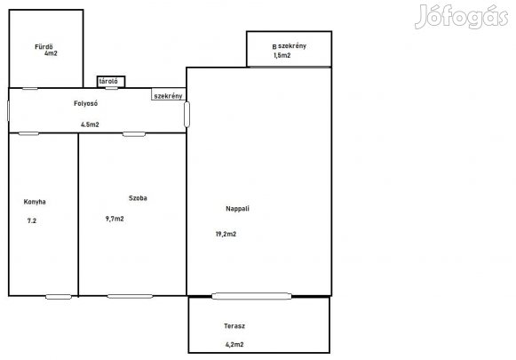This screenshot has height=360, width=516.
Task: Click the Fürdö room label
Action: [x=44, y=47]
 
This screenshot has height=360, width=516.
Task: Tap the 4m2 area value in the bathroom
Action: [x=51, y=53]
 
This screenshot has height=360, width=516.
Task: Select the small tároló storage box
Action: [x=111, y=82]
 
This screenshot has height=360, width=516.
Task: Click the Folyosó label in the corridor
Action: [x=85, y=103]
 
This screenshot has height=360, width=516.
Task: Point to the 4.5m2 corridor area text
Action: [x=90, y=124]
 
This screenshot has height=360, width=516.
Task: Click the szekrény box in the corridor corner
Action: [x=169, y=94]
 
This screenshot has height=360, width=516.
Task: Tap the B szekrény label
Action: [x=290, y=46]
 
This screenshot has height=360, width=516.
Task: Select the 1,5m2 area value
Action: [x=282, y=55]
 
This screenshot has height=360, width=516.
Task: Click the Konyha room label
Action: [x=35, y=202]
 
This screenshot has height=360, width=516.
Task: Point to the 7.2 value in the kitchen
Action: [x=32, y=221]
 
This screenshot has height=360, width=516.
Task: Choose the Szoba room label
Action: [x=138, y=198]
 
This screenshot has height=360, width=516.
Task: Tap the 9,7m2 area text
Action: [x=115, y=219]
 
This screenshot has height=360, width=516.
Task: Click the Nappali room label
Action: [x=238, y=209]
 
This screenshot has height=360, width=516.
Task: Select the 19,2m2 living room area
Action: [x=226, y=234]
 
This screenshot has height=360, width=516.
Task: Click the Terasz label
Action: [x=234, y=326]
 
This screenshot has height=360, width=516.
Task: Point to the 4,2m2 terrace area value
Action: [x=234, y=345]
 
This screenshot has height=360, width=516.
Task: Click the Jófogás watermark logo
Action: [x=461, y=17]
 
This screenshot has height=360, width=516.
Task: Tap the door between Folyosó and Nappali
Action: [x=187, y=115]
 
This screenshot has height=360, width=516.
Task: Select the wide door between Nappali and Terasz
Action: [x=251, y=296]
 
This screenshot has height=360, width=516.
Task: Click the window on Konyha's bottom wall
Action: [x=59, y=297]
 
